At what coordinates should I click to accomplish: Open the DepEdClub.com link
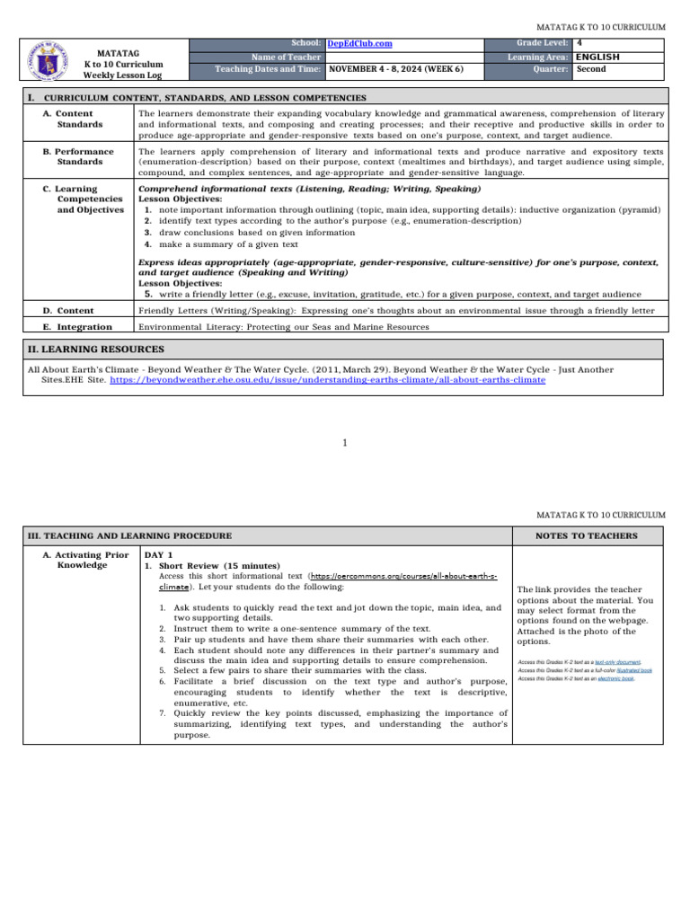pyautogui.click(x=359, y=43)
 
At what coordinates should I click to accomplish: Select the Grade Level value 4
pyautogui.click(x=579, y=43)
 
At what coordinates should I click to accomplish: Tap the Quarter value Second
pyautogui.click(x=591, y=69)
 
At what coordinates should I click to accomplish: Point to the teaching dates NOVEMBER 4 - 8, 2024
pyautogui.click(x=395, y=69)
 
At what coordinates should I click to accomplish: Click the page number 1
pyautogui.click(x=345, y=442)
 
